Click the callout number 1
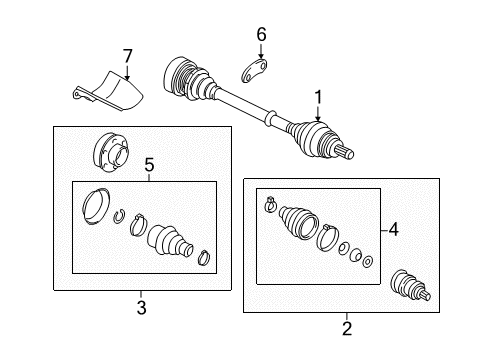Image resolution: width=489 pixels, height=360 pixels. (318, 97)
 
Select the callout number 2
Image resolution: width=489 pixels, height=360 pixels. (347, 328)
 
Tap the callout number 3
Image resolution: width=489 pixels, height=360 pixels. (141, 307)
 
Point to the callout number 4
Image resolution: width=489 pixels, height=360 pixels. (393, 230)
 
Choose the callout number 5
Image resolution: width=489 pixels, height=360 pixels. (149, 166)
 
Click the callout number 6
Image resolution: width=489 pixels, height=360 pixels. (261, 35)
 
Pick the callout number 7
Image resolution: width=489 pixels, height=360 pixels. (127, 56)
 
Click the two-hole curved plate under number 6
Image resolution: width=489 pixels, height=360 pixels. (254, 70)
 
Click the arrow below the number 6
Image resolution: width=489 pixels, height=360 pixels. (261, 52)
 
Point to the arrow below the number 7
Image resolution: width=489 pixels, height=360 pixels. (127, 73)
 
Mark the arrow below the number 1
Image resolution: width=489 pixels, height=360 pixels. (318, 114)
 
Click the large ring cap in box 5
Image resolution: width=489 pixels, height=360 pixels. (96, 207)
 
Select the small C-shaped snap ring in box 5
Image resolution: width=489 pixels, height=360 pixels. (119, 216)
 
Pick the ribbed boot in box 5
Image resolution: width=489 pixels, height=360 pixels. (170, 242)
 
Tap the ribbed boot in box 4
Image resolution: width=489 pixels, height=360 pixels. (298, 222)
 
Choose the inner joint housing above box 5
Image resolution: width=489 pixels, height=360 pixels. (111, 152)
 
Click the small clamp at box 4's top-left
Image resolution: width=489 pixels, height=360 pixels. (270, 204)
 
